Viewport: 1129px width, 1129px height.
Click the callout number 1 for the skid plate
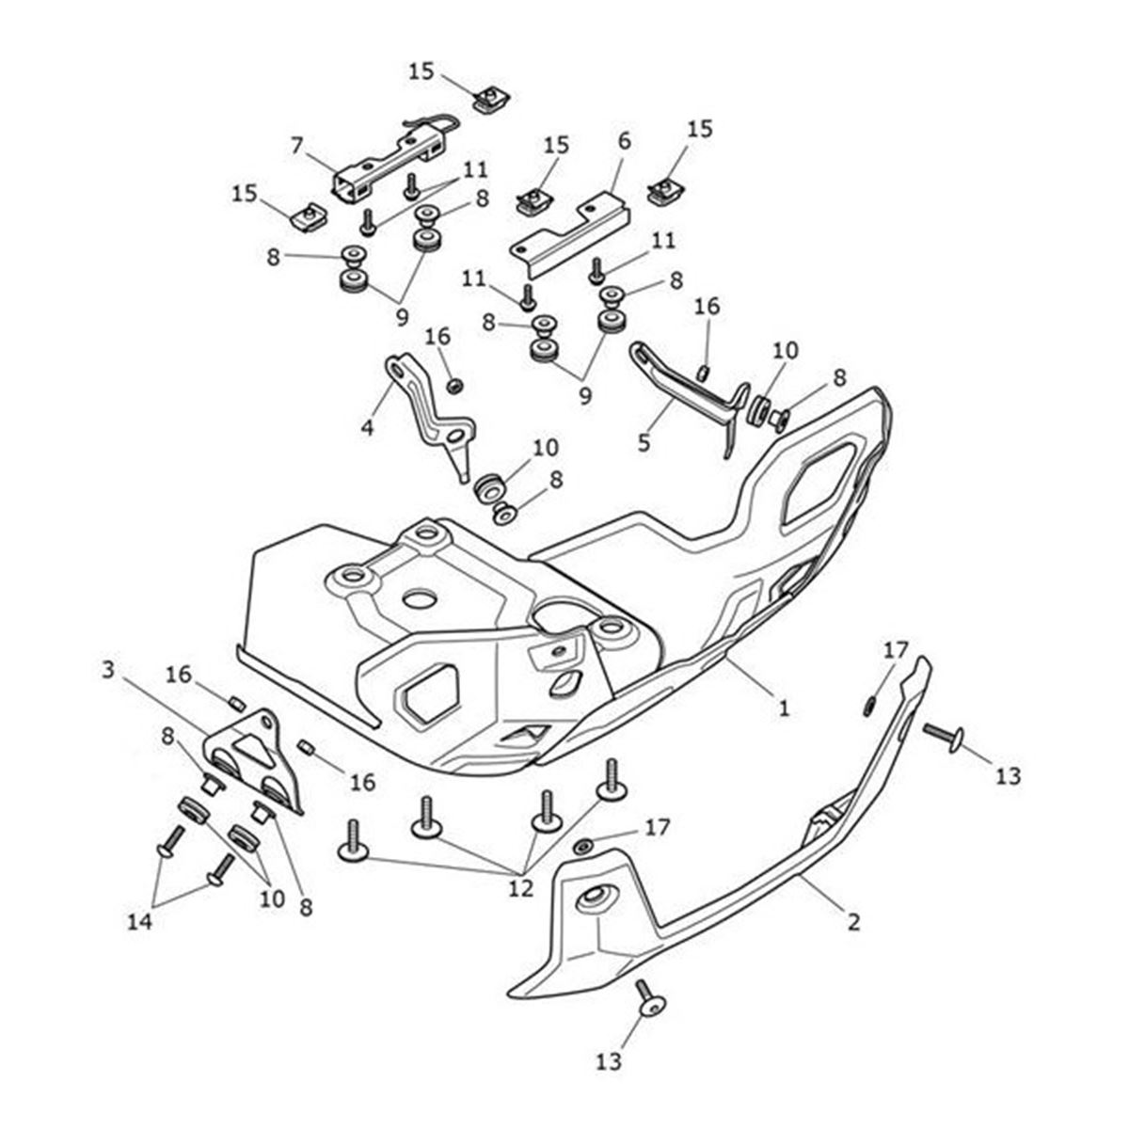point(783,707)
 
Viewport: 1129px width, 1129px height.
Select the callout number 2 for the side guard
point(852,922)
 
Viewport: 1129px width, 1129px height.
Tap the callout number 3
point(108,670)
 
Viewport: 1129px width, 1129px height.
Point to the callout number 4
point(367,427)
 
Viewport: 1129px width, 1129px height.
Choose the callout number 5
point(644,441)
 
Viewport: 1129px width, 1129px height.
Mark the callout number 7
point(296,146)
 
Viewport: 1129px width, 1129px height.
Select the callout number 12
point(519,887)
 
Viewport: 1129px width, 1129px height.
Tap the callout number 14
point(140,922)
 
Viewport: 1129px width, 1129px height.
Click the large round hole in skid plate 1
point(421,598)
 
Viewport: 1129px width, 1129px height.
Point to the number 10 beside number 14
point(272,898)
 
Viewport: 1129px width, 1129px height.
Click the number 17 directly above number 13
point(895,648)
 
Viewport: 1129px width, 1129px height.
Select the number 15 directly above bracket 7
point(422,71)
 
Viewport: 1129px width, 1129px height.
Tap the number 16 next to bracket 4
point(437,337)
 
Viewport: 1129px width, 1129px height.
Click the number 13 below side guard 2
point(609,1061)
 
